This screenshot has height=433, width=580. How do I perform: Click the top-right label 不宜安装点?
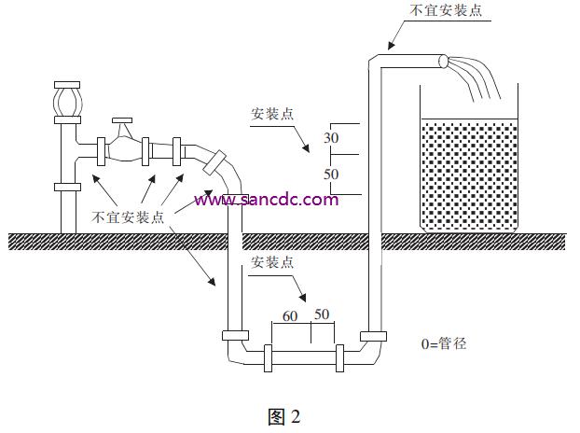tap(446, 10)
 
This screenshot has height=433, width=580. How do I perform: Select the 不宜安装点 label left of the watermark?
tap(128, 216)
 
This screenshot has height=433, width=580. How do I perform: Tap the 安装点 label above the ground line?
tap(272, 114)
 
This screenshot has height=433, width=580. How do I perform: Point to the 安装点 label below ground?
tap(272, 262)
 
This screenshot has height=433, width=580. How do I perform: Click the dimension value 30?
tap(331, 138)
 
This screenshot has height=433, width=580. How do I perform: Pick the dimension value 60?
tap(290, 316)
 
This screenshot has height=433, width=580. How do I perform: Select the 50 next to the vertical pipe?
tap(331, 174)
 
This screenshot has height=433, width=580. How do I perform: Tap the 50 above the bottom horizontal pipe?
tap(322, 314)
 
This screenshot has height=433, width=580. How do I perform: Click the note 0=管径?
tap(444, 343)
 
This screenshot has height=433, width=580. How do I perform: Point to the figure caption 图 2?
tap(284, 417)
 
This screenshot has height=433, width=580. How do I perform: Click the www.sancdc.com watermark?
tap(267, 200)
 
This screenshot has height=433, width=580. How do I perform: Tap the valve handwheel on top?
tap(122, 120)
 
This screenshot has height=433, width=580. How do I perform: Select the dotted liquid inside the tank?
tap(469, 175)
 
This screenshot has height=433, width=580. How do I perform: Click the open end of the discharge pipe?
tap(442, 62)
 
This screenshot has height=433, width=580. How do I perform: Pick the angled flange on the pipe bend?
tap(214, 162)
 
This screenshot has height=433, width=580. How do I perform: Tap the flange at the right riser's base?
tap(373, 336)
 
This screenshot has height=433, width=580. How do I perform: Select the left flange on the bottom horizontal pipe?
tap(269, 357)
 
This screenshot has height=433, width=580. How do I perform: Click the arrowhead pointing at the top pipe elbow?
tap(392, 45)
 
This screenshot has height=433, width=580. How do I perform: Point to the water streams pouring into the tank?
tap(474, 77)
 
